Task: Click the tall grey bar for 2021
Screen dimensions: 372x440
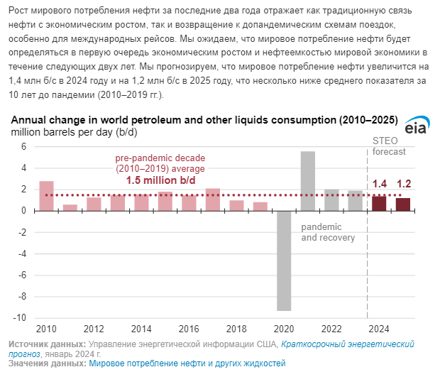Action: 308,181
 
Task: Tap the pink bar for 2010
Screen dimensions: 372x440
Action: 46,196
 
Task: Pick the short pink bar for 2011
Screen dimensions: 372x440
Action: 70,207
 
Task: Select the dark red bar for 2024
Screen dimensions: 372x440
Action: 379,203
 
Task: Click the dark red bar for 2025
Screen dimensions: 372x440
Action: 403,204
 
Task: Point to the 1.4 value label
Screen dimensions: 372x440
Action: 380,185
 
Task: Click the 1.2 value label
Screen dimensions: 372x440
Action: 404,185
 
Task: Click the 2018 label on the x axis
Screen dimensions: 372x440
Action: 236,329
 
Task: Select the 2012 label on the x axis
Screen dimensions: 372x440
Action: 94,329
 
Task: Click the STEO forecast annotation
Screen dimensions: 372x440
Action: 389,146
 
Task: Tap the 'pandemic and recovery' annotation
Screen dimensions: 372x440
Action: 328,232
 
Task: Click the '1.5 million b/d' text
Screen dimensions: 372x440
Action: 160,180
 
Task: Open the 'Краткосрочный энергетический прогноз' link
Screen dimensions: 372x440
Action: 347,344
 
